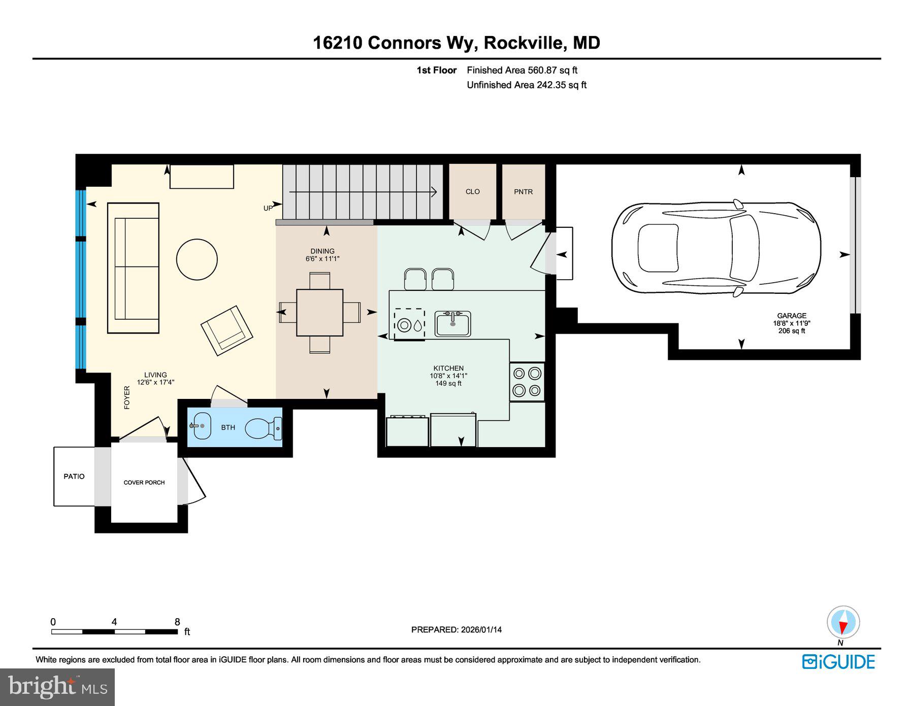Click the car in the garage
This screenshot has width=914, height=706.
[x=716, y=248]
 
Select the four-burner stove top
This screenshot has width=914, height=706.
[x=527, y=382]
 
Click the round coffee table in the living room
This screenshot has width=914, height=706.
[x=197, y=259]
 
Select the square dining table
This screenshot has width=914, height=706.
[x=319, y=312]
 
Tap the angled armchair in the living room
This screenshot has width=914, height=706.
[x=226, y=330]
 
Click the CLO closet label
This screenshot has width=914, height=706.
[x=472, y=191]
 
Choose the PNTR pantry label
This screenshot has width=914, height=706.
[x=523, y=191]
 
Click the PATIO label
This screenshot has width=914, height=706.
[x=74, y=476]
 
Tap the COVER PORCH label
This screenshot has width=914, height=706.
[x=144, y=482]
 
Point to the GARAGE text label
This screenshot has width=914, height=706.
[x=791, y=315]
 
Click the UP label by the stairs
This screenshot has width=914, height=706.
[x=268, y=208]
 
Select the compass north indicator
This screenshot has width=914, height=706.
[x=843, y=622]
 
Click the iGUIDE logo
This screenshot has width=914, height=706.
[x=838, y=661]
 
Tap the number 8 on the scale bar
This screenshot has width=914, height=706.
[x=177, y=622]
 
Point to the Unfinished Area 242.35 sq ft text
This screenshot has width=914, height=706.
[x=526, y=85]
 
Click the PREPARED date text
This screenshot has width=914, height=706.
[x=456, y=629]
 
